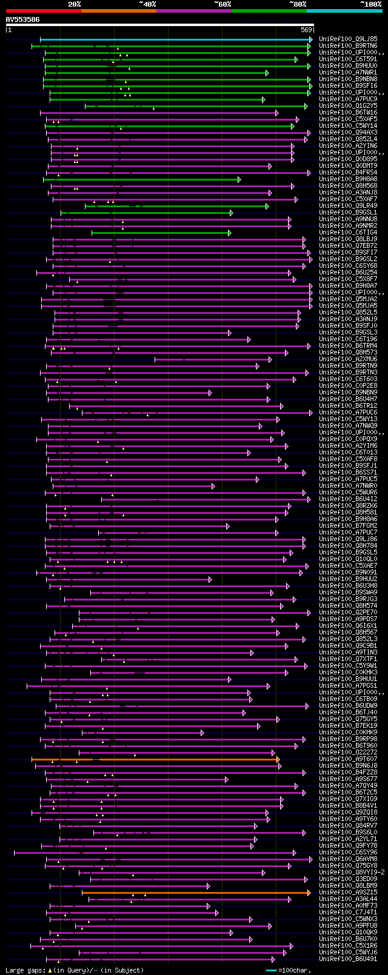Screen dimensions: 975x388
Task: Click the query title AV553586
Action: pyautogui.click(x=22, y=19)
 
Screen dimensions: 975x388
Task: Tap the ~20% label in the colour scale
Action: pyautogui.click(x=75, y=4)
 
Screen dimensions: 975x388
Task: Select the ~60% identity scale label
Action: pyautogui.click(x=222, y=4)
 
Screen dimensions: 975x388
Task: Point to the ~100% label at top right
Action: pyautogui.click(x=370, y=4)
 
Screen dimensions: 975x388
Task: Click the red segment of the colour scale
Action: pyautogui.click(x=42, y=11)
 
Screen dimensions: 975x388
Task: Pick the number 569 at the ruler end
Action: pyautogui.click(x=306, y=30)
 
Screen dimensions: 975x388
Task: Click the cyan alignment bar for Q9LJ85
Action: pyautogui.click(x=176, y=39)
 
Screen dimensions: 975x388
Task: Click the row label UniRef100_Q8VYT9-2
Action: pyautogui.click(x=352, y=873)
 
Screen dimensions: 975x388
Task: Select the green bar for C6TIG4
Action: pyautogui.click(x=161, y=233)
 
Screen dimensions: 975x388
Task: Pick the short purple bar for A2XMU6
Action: pyautogui.click(x=212, y=359)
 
